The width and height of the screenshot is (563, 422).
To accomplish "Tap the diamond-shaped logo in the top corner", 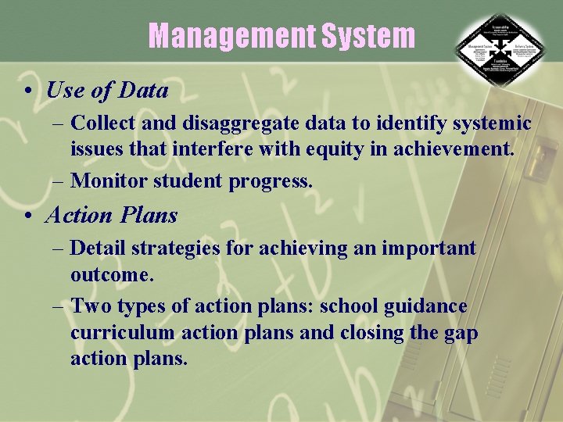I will (x=501, y=52).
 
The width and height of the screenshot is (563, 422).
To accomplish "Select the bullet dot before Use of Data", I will (x=27, y=91).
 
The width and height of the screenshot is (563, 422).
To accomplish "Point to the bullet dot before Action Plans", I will (x=27, y=215).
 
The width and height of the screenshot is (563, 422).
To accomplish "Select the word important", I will (x=429, y=249).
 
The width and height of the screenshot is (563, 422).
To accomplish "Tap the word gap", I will (x=461, y=332).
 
